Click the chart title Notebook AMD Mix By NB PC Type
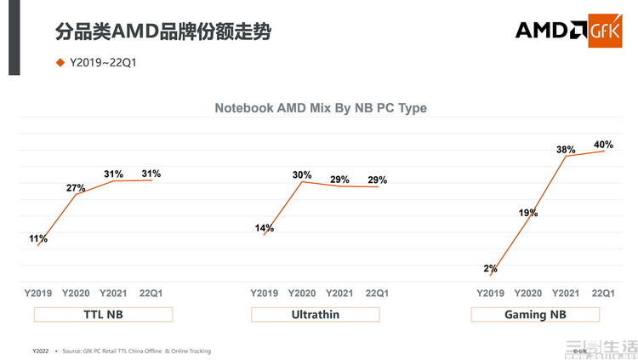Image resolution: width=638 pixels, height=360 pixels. coord(320,108)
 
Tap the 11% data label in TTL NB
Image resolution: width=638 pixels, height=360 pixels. coord(38,239)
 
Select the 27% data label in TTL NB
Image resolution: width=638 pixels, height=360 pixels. coord(76,187)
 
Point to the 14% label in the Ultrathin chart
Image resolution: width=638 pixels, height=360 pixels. coord(265,228)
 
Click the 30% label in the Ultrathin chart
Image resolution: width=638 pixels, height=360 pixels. coord(302,175)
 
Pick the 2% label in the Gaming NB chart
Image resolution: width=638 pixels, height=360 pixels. coord(490,268)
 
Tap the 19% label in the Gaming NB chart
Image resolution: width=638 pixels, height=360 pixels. coord(527,213)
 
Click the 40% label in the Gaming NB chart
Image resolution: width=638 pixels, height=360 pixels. coord(603,145)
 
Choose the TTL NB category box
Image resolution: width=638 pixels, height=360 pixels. coord(103,314)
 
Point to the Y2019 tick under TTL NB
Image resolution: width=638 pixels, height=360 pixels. coord(38,293)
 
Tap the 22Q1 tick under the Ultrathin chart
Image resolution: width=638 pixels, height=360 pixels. coord(377,293)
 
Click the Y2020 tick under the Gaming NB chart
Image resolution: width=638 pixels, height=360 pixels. coord(527,293)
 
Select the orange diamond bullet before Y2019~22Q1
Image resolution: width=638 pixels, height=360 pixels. coord(60,62)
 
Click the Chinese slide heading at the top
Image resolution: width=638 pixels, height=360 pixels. coord(163,32)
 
